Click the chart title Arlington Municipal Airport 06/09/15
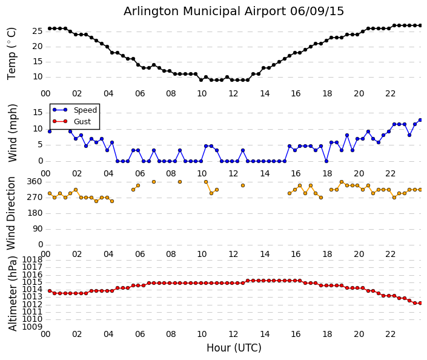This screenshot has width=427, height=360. (234, 11)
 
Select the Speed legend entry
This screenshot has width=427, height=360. (85, 110)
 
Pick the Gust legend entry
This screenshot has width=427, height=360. (82, 122)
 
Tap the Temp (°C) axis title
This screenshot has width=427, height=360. (12, 53)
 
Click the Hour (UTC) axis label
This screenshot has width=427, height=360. (234, 348)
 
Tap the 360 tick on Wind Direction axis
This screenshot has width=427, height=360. (35, 181)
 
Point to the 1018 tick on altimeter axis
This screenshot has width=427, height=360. (32, 260)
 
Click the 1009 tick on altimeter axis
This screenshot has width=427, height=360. (32, 327)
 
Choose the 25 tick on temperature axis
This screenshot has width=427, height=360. (36, 31)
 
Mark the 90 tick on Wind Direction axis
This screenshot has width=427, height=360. (36, 228)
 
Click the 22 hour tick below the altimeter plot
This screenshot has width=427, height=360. (391, 334)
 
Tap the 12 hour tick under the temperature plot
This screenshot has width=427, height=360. (234, 93)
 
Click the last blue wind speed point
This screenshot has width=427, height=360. (420, 120)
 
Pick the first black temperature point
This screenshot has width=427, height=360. (50, 28)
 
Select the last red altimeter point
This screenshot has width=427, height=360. (420, 303)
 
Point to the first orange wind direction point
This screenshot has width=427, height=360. (50, 193)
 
